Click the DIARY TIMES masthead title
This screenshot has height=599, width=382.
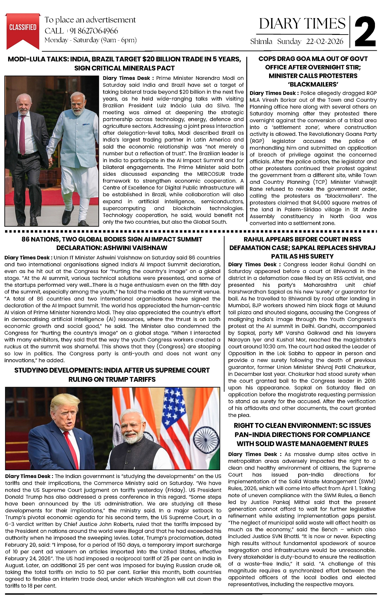point(302,24)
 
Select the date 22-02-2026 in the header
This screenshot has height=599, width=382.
point(325,41)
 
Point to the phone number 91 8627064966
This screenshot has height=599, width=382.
point(94,31)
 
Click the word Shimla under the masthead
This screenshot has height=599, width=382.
point(261,41)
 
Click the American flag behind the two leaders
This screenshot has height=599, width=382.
point(174,416)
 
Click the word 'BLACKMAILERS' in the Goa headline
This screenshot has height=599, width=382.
point(313,84)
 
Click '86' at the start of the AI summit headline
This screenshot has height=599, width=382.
point(26,239)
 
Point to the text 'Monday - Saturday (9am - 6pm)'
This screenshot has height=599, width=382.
point(90,40)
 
